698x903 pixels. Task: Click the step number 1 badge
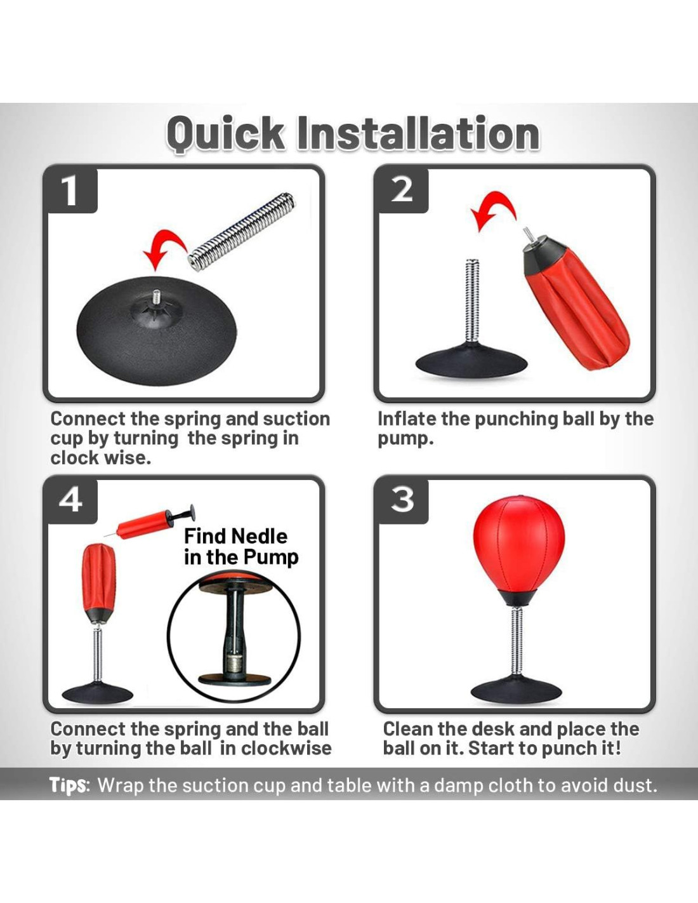tap(70, 191)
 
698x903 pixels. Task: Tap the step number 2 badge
tap(402, 191)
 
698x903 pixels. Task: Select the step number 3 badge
tap(402, 502)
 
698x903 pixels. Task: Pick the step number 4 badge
tap(70, 502)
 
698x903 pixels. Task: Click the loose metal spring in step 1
tap(241, 230)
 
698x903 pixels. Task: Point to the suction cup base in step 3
tap(517, 690)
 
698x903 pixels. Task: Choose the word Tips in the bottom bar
tap(69, 786)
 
